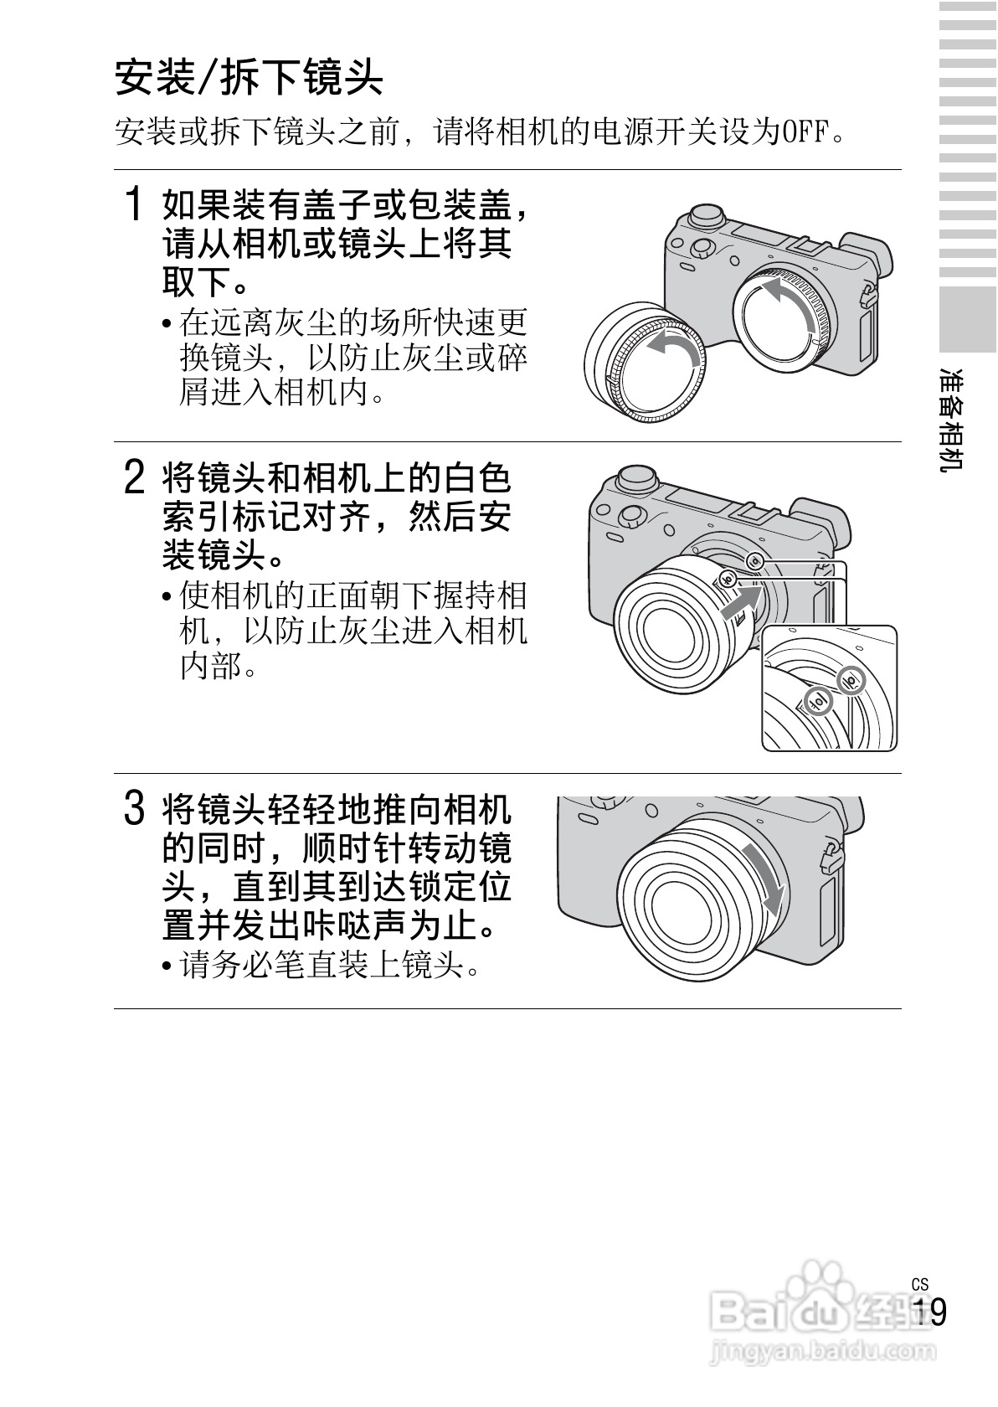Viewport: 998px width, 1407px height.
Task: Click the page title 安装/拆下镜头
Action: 249,78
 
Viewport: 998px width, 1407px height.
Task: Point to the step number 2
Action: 135,477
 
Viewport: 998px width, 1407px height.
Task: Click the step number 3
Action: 135,808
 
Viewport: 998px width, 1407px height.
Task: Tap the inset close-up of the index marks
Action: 829,688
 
